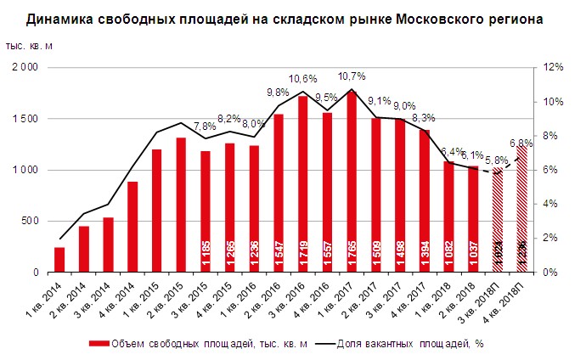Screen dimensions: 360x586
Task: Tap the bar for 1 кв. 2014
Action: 59,260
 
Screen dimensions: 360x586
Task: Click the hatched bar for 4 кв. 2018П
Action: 521,212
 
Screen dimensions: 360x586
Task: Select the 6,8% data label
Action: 520,142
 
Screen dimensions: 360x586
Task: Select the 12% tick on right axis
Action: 554,67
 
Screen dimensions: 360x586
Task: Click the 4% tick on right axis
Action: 550,204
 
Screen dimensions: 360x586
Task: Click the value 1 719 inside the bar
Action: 302,252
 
